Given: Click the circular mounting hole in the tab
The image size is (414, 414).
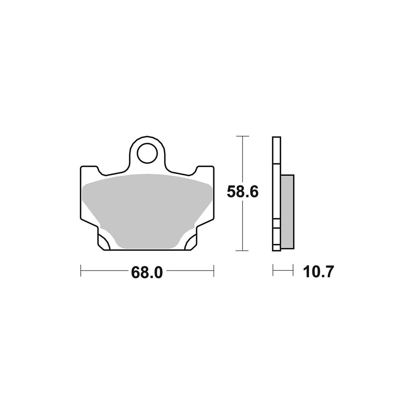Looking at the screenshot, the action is click(x=147, y=153).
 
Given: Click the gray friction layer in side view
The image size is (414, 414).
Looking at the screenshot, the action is click(x=287, y=212).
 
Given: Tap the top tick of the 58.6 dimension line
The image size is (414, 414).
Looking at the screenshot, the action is click(x=243, y=136).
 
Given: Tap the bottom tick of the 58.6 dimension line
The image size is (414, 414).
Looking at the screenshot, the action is click(x=243, y=250).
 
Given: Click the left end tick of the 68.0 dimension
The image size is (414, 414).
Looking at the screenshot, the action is click(x=81, y=270).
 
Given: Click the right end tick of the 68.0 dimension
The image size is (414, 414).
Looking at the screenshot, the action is click(x=214, y=270).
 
